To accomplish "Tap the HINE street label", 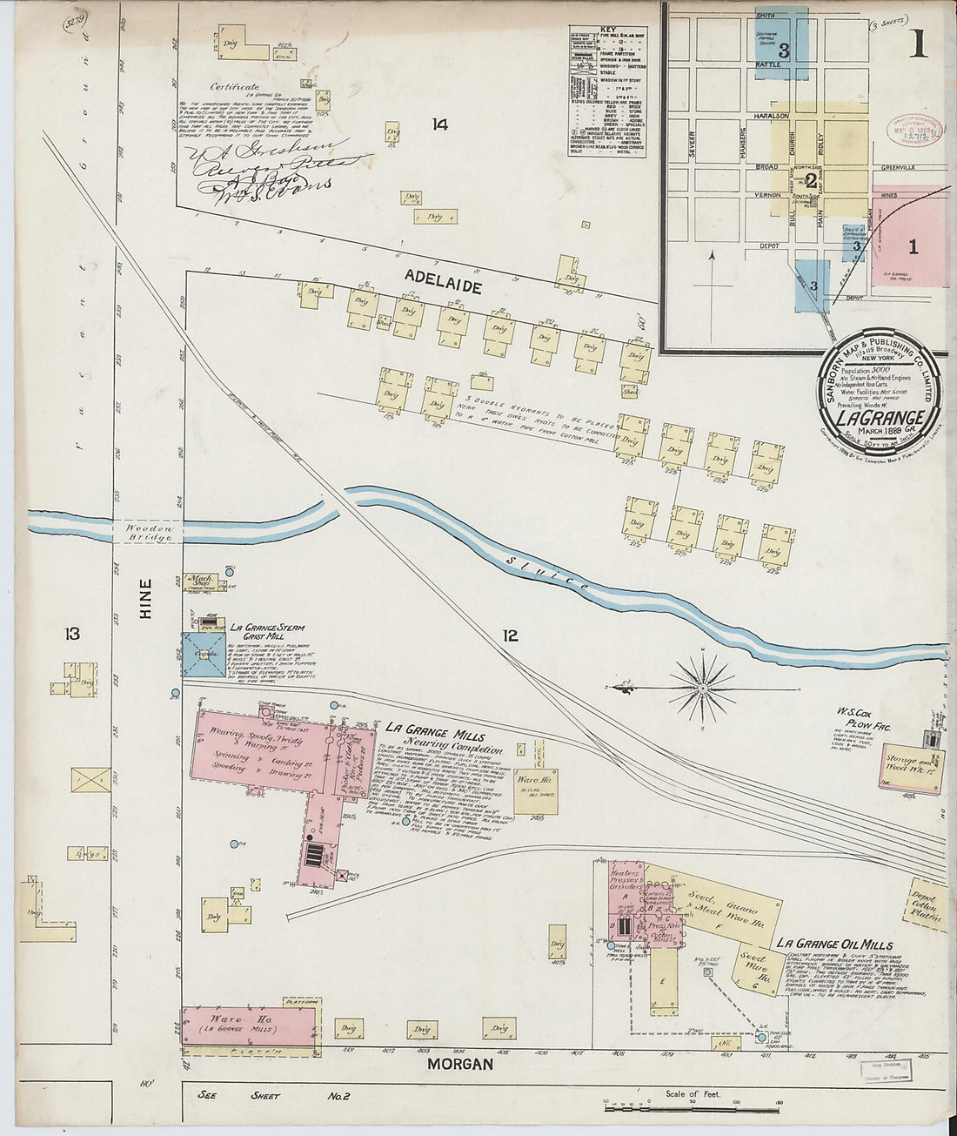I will tap(144, 600).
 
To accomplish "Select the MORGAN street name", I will tap(460, 1064).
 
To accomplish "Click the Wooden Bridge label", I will tap(150, 533).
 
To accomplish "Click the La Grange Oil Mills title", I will tap(833, 944).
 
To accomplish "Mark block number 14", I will tap(439, 124).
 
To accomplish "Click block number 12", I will tap(510, 636).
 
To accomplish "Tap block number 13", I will tap(71, 634).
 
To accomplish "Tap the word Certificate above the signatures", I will tap(234, 87).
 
